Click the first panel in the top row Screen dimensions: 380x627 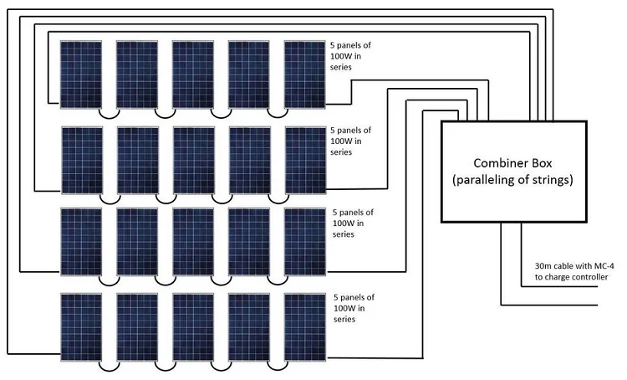pos(81,74)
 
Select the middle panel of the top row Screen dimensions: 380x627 pos(193,74)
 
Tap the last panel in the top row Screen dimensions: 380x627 pos(304,74)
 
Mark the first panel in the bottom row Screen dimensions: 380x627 pos(81,326)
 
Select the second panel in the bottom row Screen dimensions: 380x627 pos(137,326)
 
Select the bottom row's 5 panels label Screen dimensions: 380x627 pos(354,307)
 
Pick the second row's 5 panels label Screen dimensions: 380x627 pos(352,141)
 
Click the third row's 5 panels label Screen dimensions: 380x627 pos(354,223)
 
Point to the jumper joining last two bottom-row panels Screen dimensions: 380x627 pos(276,366)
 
